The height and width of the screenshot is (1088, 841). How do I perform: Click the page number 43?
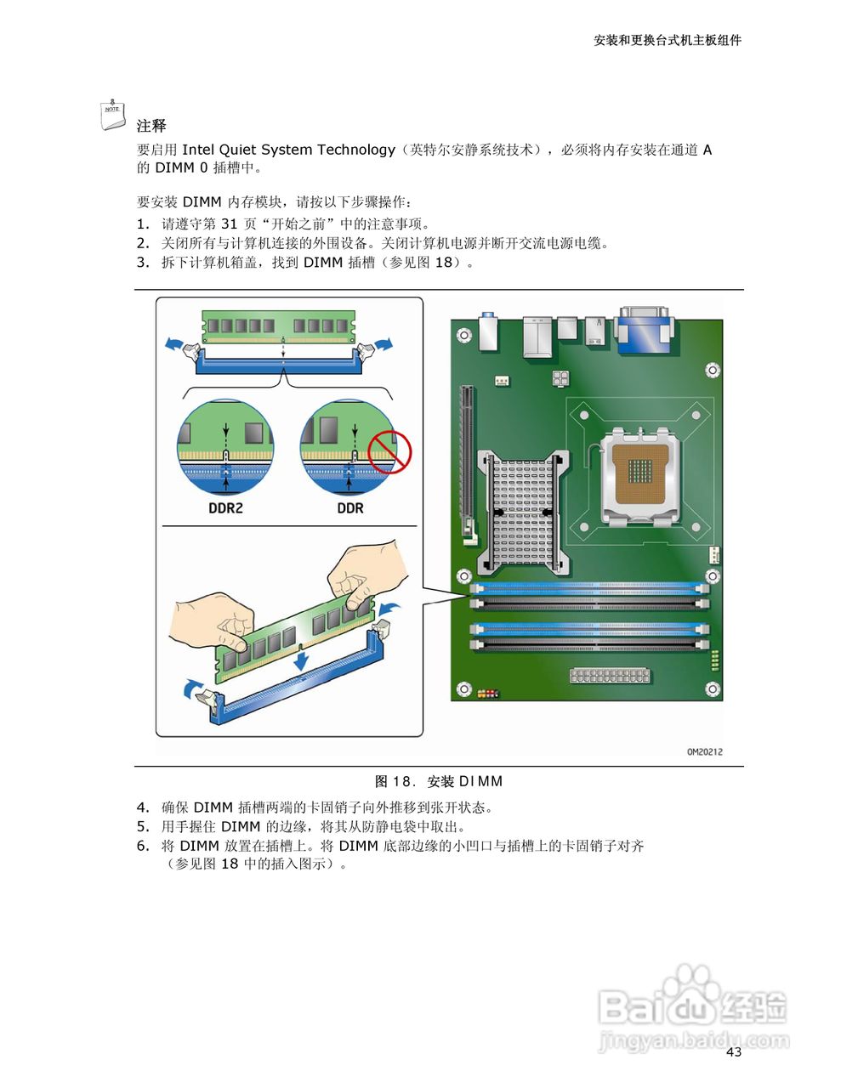click(734, 1052)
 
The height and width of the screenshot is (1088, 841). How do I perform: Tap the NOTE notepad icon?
click(112, 116)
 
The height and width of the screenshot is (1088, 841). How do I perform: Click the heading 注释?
click(151, 126)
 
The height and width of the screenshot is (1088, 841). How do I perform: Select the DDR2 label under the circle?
click(225, 508)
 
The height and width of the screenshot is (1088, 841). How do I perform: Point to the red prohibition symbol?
click(389, 450)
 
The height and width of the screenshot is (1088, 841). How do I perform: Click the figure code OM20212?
click(704, 751)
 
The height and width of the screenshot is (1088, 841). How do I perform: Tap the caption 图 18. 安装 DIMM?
click(439, 781)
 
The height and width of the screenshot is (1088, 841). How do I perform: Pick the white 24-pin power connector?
click(610, 676)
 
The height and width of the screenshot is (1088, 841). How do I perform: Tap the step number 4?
click(143, 807)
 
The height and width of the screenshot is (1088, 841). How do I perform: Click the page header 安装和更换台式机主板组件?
click(667, 40)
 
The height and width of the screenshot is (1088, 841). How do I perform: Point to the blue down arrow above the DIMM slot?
click(300, 660)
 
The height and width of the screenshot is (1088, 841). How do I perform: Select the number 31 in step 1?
click(229, 224)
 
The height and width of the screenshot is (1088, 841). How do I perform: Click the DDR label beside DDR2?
click(349, 508)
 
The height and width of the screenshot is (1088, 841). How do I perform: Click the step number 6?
click(143, 846)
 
